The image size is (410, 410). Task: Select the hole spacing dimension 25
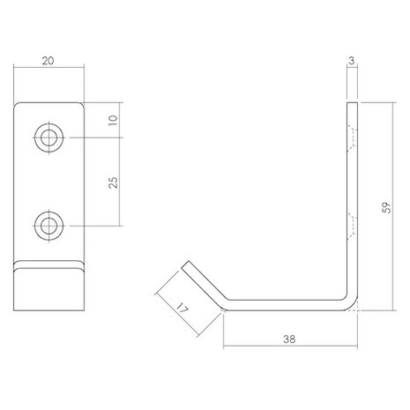(116, 182)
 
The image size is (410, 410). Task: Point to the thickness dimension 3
(353, 61)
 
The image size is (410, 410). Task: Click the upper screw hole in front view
(48, 137)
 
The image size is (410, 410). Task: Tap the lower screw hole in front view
(48, 226)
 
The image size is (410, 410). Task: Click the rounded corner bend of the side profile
(353, 303)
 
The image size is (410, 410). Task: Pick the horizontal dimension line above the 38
(290, 344)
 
